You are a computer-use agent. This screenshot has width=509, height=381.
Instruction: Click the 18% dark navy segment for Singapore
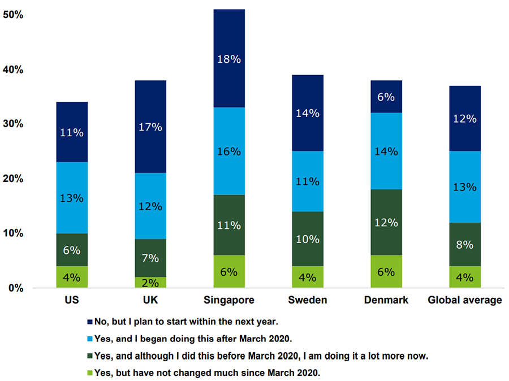click(229, 58)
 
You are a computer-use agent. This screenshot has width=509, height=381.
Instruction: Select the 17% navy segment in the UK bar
click(150, 127)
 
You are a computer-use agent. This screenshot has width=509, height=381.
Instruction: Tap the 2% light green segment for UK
click(150, 282)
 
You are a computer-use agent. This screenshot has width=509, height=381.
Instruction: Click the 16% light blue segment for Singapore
click(229, 151)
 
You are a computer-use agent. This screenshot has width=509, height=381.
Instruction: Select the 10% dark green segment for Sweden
click(308, 240)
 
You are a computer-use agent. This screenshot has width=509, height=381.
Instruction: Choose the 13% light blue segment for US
click(72, 198)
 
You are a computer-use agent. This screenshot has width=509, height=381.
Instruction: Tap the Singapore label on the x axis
click(229, 300)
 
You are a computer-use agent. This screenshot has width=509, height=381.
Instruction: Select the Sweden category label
click(308, 300)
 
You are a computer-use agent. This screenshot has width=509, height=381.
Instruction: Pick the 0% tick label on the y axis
click(15, 288)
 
